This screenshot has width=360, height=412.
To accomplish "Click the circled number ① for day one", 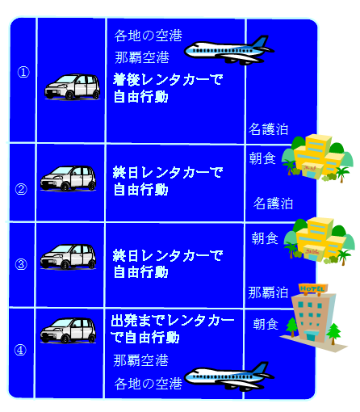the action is point(23,72).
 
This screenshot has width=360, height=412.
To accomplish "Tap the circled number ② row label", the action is point(21,189).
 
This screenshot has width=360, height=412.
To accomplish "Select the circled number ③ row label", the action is point(21,264).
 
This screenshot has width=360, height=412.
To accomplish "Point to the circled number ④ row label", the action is point(20,350).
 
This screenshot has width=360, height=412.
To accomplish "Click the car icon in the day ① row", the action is point(73,86).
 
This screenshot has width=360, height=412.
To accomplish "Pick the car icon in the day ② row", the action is point(68,179).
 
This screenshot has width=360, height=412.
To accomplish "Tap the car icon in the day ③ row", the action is point(68,257).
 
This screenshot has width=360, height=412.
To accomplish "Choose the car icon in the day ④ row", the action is point(68,330).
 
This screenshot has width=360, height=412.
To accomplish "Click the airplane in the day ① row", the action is point(229,50).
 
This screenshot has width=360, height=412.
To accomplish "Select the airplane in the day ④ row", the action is point(229,376).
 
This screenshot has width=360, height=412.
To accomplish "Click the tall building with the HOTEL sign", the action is point(313,317).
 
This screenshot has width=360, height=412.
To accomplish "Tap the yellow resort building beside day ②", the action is point(317,158).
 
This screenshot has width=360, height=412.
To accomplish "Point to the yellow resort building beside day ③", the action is point(320,241).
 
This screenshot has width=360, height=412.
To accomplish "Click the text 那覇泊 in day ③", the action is point(268,292).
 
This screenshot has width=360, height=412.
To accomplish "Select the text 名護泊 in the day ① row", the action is point(268,129).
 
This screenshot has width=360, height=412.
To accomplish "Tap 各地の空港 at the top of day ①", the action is point(149,36).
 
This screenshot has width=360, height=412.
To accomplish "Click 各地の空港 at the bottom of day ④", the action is point(149,384).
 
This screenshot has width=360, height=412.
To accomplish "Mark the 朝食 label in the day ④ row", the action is point(266,324).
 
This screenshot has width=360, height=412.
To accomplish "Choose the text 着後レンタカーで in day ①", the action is point(168,79).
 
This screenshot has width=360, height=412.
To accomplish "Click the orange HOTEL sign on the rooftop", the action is point(313,288).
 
